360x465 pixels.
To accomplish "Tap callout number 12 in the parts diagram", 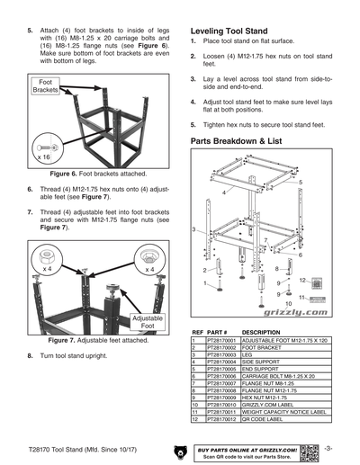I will (x=303, y=279).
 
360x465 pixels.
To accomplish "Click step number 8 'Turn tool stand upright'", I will (x=31, y=357).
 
